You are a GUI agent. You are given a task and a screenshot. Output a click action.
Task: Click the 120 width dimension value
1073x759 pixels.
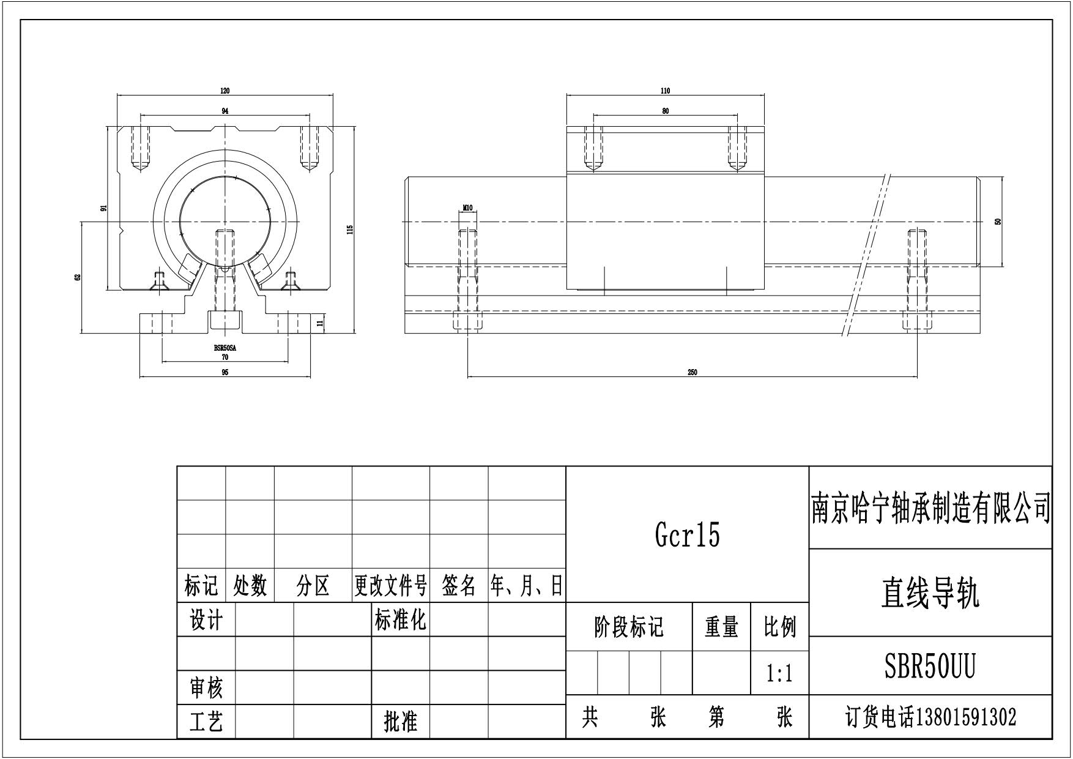[225, 91]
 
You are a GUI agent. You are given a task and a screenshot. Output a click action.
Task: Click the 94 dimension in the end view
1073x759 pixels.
[225, 111]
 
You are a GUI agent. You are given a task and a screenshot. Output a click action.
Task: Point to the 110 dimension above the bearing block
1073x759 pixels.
[666, 91]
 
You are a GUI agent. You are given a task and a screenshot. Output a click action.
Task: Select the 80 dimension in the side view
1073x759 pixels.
[666, 111]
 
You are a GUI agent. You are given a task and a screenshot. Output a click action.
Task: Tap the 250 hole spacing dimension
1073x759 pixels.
[692, 372]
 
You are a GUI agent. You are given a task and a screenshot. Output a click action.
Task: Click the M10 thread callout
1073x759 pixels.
[467, 208]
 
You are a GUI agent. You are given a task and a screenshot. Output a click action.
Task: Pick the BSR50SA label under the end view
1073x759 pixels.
[225, 348]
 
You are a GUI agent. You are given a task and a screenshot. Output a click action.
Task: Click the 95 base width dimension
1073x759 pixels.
[225, 372]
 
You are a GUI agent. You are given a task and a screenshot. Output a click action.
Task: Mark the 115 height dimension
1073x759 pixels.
[351, 230]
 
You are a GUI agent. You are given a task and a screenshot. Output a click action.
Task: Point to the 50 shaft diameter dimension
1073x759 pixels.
[998, 222]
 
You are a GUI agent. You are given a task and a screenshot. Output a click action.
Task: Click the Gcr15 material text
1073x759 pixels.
[687, 535]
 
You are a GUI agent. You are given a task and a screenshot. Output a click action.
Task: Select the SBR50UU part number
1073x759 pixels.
[930, 666]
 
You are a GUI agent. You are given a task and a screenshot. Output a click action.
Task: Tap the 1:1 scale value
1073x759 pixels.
[779, 674]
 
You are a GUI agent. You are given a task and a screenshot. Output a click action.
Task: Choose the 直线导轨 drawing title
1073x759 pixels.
[930, 593]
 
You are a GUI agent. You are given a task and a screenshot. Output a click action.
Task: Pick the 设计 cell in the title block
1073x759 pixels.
[206, 621]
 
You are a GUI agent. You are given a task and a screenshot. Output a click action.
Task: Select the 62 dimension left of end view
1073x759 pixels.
[78, 277]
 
